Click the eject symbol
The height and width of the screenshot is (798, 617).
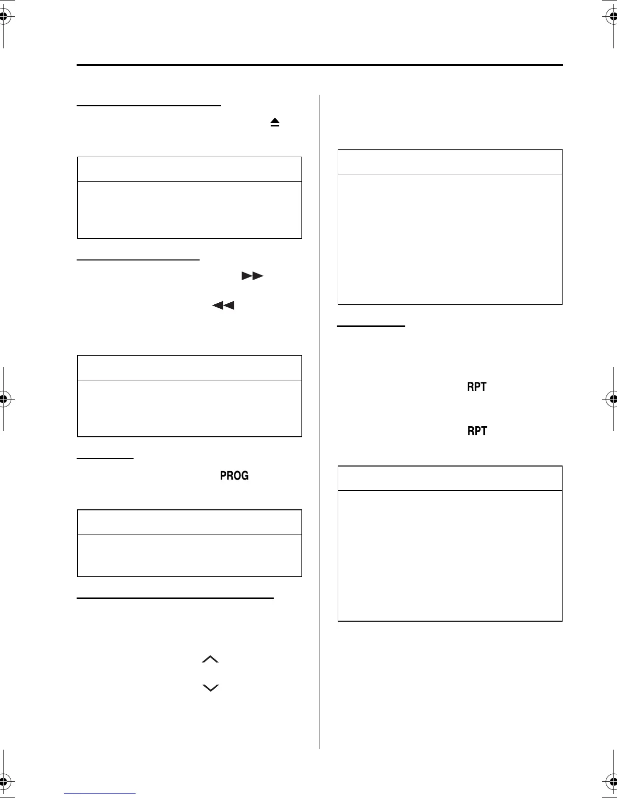(x=275, y=122)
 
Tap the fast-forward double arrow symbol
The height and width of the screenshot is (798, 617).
(x=252, y=276)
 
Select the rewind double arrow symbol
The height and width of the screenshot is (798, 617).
(x=223, y=305)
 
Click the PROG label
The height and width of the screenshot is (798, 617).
(x=234, y=476)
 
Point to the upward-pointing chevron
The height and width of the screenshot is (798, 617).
(x=210, y=659)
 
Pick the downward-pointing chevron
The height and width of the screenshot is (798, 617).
(x=210, y=688)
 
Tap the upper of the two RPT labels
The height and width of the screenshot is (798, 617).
(x=477, y=387)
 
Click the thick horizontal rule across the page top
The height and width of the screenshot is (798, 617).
(x=320, y=65)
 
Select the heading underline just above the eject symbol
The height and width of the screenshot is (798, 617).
(x=149, y=106)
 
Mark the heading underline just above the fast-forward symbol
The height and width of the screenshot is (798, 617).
(x=139, y=260)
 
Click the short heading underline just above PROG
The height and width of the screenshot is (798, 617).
(x=105, y=458)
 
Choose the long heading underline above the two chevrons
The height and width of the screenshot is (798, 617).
(x=175, y=598)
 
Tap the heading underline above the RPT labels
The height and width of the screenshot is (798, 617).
(x=371, y=326)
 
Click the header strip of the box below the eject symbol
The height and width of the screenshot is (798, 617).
(x=190, y=169)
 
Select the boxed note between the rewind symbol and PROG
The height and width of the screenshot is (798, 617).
(x=190, y=396)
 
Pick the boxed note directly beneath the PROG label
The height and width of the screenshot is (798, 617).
(x=190, y=543)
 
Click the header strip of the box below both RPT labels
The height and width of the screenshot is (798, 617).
(x=450, y=478)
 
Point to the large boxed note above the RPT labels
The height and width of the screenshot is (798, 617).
(x=450, y=227)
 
